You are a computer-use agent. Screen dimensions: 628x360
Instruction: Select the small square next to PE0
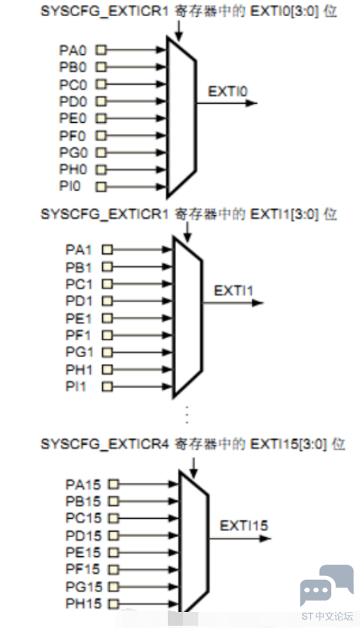pos(100,118)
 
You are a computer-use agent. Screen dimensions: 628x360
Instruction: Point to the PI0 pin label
pos(72,185)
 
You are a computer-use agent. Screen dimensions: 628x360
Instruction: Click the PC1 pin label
pos(77,283)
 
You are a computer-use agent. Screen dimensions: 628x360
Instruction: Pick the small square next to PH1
pos(106,369)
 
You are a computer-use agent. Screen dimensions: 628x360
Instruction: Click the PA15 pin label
pos(82,484)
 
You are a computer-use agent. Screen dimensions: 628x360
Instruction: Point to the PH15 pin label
pos(82,604)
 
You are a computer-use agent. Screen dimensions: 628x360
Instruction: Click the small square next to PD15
pos(114,535)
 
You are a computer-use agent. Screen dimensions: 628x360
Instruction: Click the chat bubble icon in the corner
pos(326,586)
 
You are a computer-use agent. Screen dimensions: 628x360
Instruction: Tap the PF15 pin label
pos(82,569)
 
